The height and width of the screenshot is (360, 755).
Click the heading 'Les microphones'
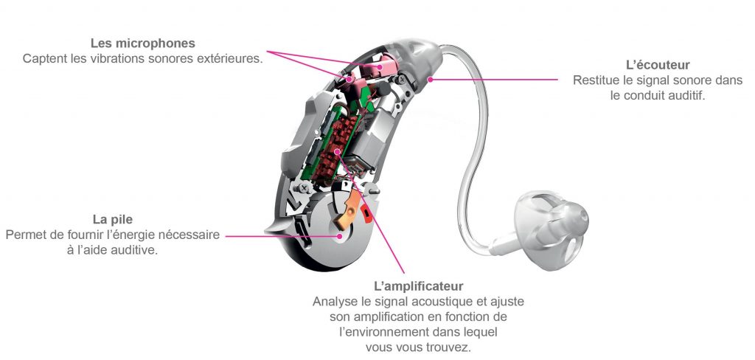coord(142,44)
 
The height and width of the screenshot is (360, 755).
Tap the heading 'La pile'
coord(113,220)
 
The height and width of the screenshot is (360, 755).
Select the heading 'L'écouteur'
coord(658,65)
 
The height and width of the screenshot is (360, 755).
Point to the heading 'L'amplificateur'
coord(419,286)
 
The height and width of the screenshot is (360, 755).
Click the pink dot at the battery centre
coord(340,236)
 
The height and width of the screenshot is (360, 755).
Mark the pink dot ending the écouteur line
coord(430,79)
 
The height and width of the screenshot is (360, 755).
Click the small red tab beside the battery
coord(365,212)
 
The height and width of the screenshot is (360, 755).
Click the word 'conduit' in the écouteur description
coord(643,95)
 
